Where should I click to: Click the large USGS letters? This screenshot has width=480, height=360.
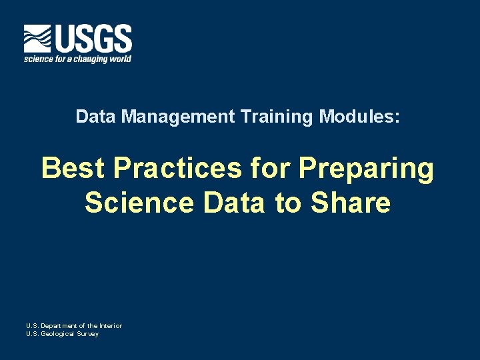(93, 39)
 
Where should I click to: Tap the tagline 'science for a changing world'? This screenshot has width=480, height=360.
(77, 59)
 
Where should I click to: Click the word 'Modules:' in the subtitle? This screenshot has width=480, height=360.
(360, 117)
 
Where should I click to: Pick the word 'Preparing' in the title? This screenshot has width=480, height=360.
(366, 170)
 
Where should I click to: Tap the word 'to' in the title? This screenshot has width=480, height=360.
(288, 203)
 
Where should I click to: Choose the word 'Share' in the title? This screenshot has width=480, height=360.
(351, 203)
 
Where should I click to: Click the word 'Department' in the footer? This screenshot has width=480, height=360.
(61, 326)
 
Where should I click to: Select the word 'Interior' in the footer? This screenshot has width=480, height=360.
(109, 326)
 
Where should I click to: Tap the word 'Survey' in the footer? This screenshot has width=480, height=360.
(88, 334)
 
